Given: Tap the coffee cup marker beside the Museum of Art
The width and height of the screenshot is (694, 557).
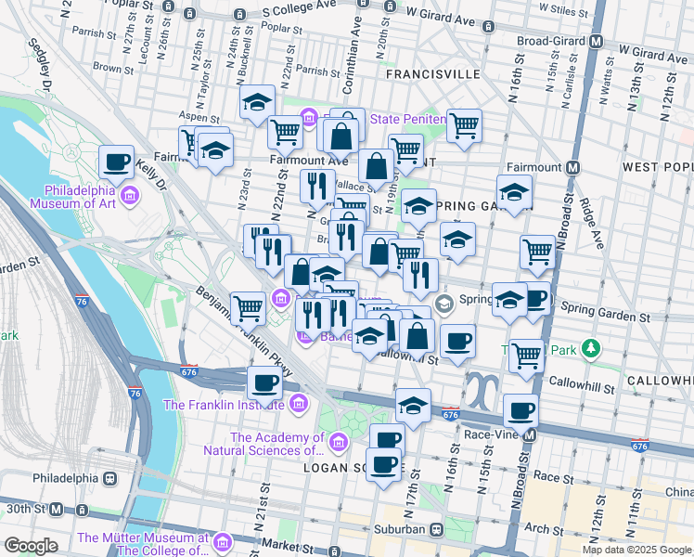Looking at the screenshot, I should click(x=117, y=163).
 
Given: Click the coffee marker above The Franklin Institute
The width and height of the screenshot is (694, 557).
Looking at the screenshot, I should click(x=264, y=382).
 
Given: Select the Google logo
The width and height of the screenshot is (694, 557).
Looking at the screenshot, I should click(x=30, y=546).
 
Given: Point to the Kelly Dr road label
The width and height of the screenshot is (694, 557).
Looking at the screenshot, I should click(x=148, y=175).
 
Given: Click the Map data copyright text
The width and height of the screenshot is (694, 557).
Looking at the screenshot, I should click(x=636, y=550).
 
